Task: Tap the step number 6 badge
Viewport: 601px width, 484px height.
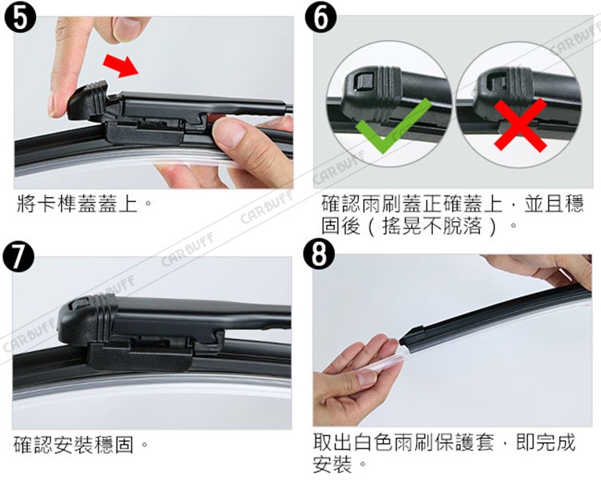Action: point(321,18)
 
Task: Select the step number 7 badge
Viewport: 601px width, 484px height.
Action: point(18,256)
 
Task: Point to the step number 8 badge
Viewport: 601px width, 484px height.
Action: point(319,254)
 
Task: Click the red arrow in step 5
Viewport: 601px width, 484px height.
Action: point(120,66)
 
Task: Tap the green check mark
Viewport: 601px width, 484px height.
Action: point(393,126)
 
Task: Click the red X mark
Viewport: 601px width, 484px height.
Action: point(520,125)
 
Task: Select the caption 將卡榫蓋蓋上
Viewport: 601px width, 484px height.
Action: point(77,204)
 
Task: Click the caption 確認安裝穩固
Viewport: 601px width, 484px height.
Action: point(74,445)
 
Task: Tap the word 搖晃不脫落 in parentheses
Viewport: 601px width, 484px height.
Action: point(432,226)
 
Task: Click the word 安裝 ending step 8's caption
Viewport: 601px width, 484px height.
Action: point(333,465)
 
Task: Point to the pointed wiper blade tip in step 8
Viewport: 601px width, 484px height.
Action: point(401,341)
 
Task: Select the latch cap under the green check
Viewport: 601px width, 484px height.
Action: point(373,92)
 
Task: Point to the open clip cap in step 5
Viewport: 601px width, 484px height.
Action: point(88,102)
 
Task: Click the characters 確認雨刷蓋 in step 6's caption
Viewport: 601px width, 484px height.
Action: point(371,204)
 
